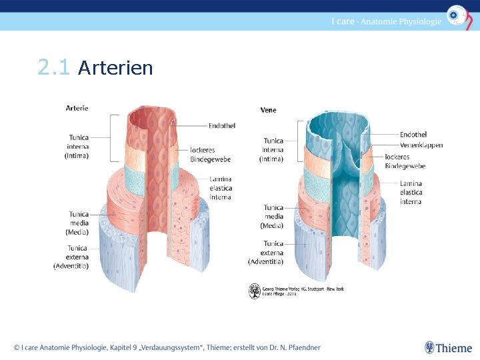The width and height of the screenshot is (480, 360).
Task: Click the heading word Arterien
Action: tap(115, 68)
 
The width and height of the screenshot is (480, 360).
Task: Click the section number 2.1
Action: tap(53, 68)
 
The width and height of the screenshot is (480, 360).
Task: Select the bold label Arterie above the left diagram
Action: tap(77, 108)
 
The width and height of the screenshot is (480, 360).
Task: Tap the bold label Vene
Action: tap(268, 110)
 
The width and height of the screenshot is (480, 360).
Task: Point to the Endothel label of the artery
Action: tap(222, 125)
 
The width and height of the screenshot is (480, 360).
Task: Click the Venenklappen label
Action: tap(421, 145)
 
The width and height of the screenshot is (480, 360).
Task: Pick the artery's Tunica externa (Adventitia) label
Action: tap(71, 257)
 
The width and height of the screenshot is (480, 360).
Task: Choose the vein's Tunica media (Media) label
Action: tap(273, 217)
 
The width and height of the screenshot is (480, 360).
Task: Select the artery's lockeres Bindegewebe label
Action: tap(210, 155)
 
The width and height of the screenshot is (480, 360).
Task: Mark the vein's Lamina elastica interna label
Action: tap(411, 193)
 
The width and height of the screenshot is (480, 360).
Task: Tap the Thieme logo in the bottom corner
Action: tap(449, 347)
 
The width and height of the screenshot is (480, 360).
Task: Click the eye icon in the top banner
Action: tap(456, 15)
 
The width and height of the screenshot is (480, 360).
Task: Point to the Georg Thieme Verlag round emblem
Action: tap(255, 291)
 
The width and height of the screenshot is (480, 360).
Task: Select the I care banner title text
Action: tap(386, 21)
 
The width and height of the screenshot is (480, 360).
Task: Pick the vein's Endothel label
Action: tap(413, 135)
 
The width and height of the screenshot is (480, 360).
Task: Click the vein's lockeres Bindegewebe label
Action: tap(405, 161)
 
